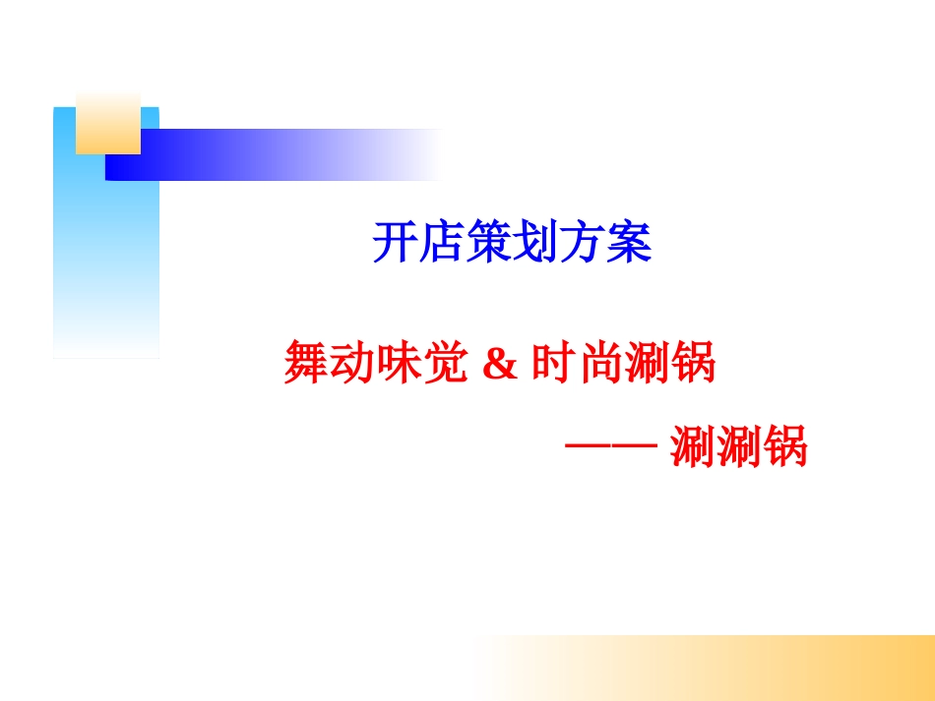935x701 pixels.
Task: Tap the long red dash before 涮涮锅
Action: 610,447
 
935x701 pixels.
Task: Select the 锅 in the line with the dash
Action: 784,448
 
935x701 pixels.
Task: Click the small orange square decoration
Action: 108,123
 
